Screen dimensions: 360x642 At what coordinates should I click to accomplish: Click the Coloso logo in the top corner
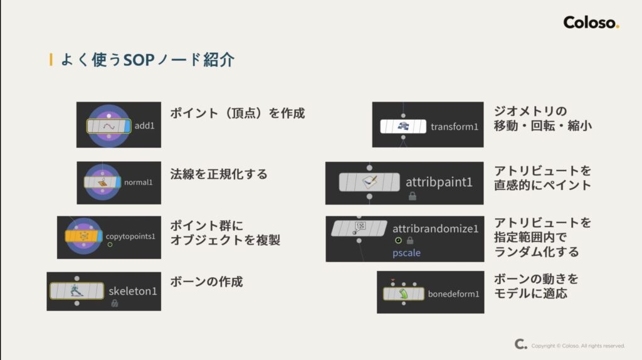tap(591, 23)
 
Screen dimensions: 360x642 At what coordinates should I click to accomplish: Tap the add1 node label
tap(144, 126)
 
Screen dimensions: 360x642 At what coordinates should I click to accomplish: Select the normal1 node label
tap(137, 183)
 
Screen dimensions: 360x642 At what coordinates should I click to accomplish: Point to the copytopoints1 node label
tap(130, 236)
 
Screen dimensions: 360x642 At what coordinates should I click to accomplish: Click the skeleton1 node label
tap(133, 291)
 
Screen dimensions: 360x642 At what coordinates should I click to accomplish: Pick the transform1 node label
tap(455, 127)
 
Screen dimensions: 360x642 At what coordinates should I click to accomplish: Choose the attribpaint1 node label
tap(439, 183)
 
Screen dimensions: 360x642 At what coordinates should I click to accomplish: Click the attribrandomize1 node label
tap(435, 228)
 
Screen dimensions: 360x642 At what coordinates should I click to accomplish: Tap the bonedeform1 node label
tap(453, 294)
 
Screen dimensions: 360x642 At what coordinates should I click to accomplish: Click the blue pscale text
tap(408, 253)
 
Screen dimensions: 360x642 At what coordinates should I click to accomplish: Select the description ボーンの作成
tap(206, 282)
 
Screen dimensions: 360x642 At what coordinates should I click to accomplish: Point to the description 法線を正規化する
tap(219, 174)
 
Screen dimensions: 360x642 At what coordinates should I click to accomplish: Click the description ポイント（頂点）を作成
tap(238, 114)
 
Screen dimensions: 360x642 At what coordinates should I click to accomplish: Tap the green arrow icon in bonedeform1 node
tap(404, 293)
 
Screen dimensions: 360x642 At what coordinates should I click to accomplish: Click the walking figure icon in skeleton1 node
tap(76, 290)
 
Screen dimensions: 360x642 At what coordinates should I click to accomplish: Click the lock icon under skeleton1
tap(114, 304)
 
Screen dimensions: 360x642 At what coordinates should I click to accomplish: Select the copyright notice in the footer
tap(577, 346)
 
